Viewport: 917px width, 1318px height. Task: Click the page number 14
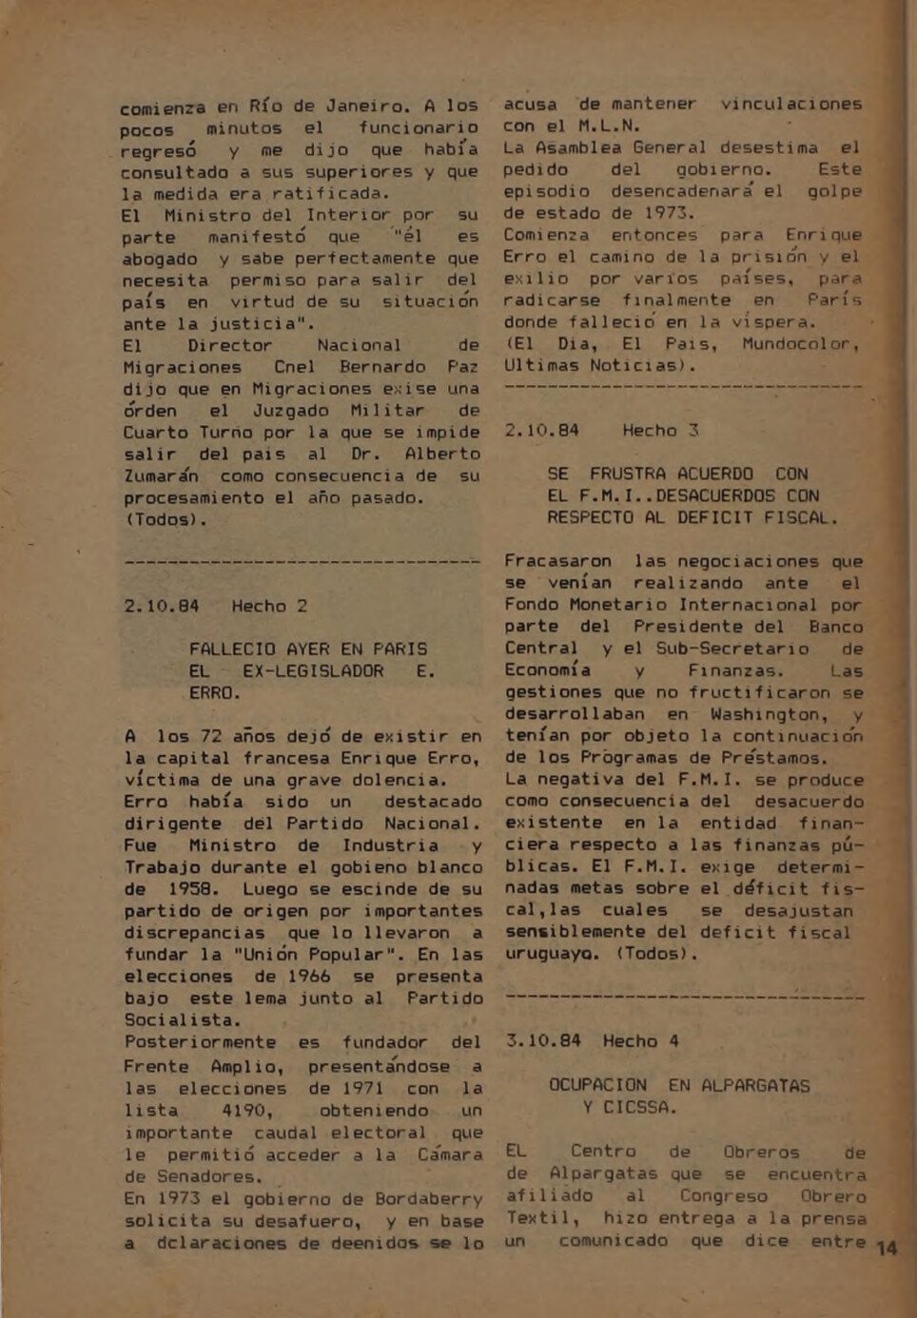[887, 1248]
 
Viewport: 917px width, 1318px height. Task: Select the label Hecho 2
[269, 606]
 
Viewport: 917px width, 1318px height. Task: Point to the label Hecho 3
[660, 430]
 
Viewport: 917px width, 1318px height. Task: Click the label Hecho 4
[640, 1041]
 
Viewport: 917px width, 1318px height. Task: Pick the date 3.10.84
[542, 1041]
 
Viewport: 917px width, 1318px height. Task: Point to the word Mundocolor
[800, 343]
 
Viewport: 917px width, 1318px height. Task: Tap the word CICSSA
[639, 1108]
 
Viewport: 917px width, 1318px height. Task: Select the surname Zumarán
[161, 475]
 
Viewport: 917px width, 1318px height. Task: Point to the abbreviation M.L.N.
[610, 126]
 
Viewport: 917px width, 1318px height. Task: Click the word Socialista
[182, 1020]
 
